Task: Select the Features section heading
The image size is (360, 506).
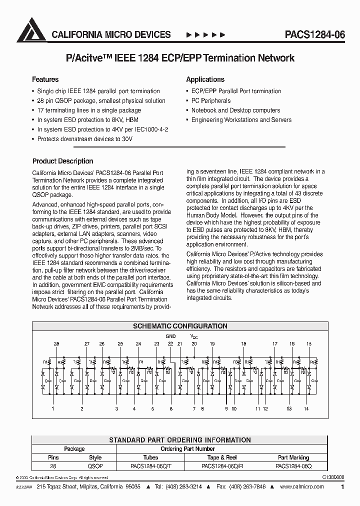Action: click(x=45, y=79)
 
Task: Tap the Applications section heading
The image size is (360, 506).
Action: click(x=205, y=79)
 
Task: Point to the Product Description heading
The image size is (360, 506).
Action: click(x=62, y=161)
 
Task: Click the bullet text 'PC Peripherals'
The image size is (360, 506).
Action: click(x=210, y=101)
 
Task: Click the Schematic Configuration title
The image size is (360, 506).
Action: click(x=179, y=326)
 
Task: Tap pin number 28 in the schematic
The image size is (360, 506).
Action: click(x=56, y=344)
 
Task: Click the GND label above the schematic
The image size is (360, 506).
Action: click(x=171, y=336)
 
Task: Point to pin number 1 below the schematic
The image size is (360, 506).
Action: click(x=53, y=408)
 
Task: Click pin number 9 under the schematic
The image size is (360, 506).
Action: click(x=226, y=408)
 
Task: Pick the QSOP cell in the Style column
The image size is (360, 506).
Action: click(x=95, y=465)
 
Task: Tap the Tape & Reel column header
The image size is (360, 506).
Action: click(x=222, y=457)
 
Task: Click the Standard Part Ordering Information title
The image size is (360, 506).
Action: click(x=179, y=440)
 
